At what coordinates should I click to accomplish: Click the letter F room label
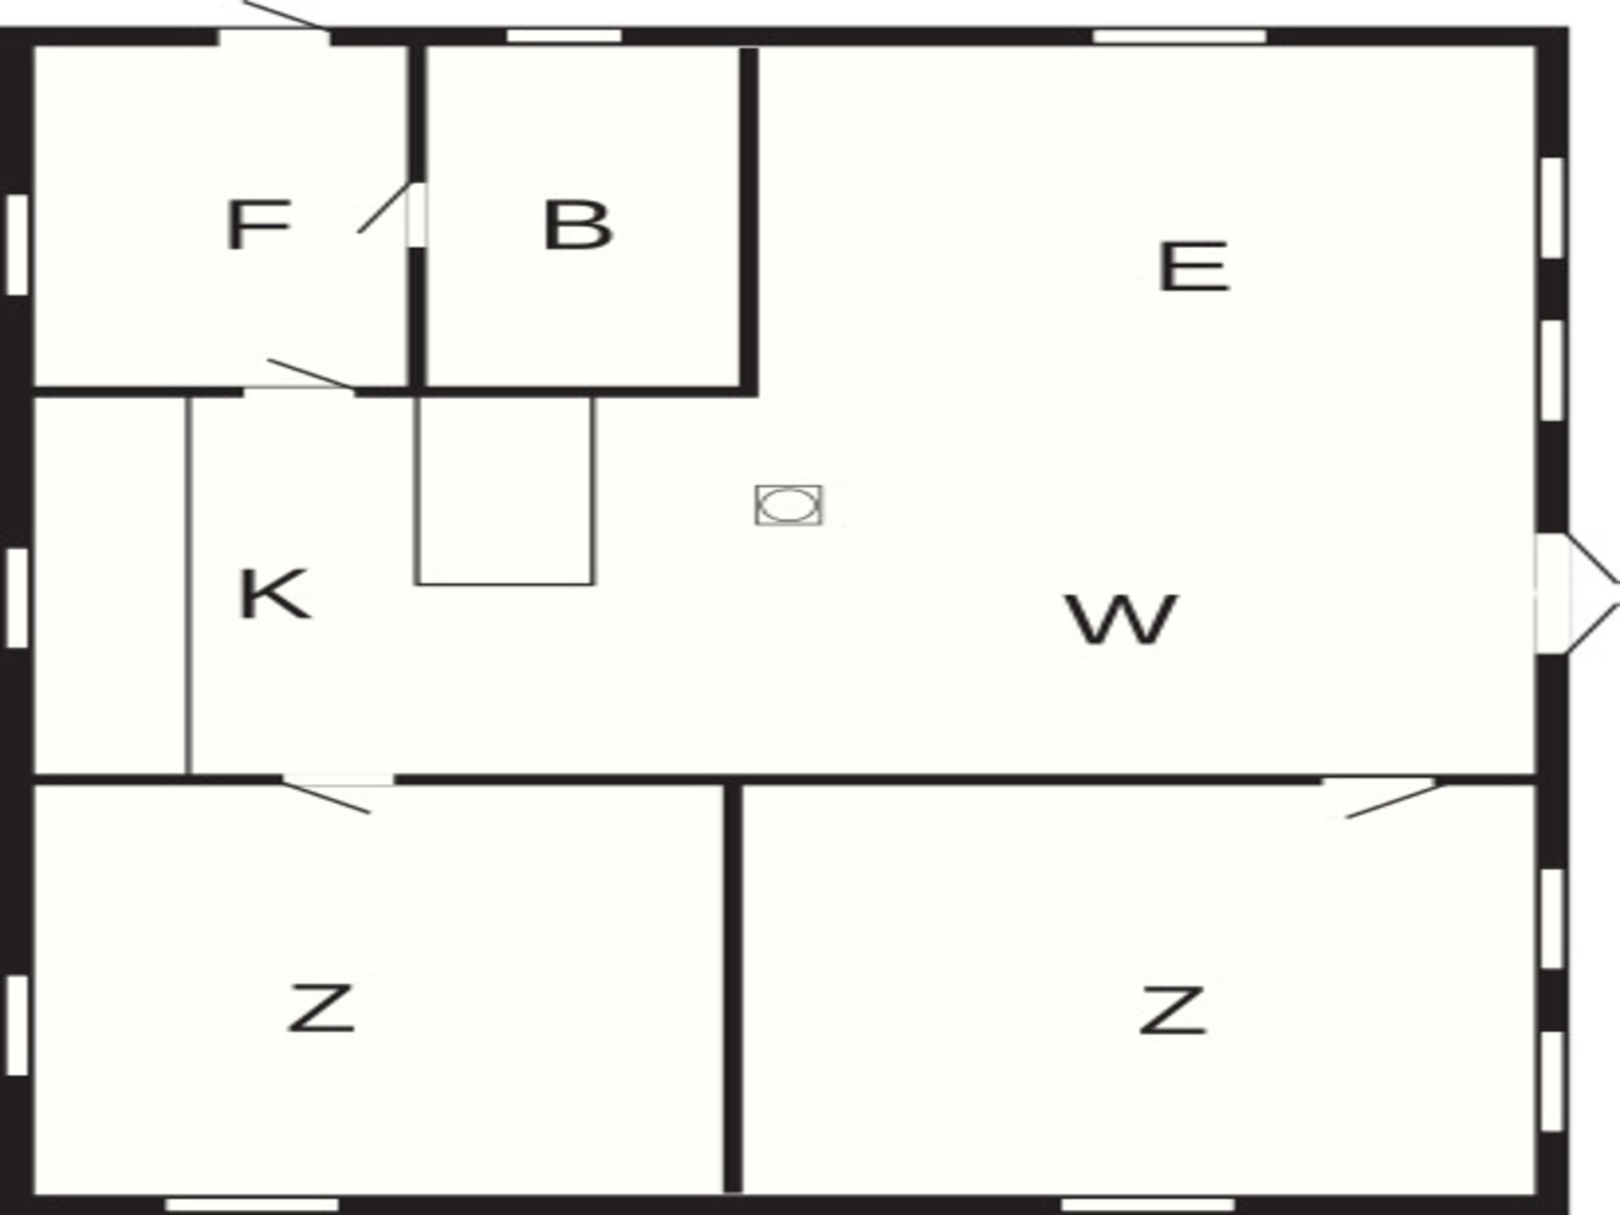pyautogui.click(x=258, y=225)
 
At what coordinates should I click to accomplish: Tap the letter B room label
pyautogui.click(x=577, y=225)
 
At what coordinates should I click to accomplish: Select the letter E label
pyautogui.click(x=1193, y=267)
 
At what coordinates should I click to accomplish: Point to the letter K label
pyautogui.click(x=273, y=595)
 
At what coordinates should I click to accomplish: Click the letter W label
pyautogui.click(x=1121, y=620)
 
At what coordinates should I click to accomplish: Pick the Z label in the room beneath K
pyautogui.click(x=321, y=1008)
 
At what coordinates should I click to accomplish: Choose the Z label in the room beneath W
pyautogui.click(x=1172, y=1010)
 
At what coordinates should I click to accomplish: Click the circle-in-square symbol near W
pyautogui.click(x=789, y=505)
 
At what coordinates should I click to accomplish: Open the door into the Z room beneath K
pyautogui.click(x=337, y=793)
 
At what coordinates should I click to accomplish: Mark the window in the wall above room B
pyautogui.click(x=564, y=36)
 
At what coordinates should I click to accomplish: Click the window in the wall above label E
pyautogui.click(x=1180, y=36)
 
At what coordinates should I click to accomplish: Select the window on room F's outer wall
pyautogui.click(x=17, y=245)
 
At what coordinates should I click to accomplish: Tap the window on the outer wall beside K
pyautogui.click(x=17, y=598)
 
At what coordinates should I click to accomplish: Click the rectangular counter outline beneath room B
pyautogui.click(x=505, y=490)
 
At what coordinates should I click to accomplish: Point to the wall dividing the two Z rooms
pyautogui.click(x=732, y=989)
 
